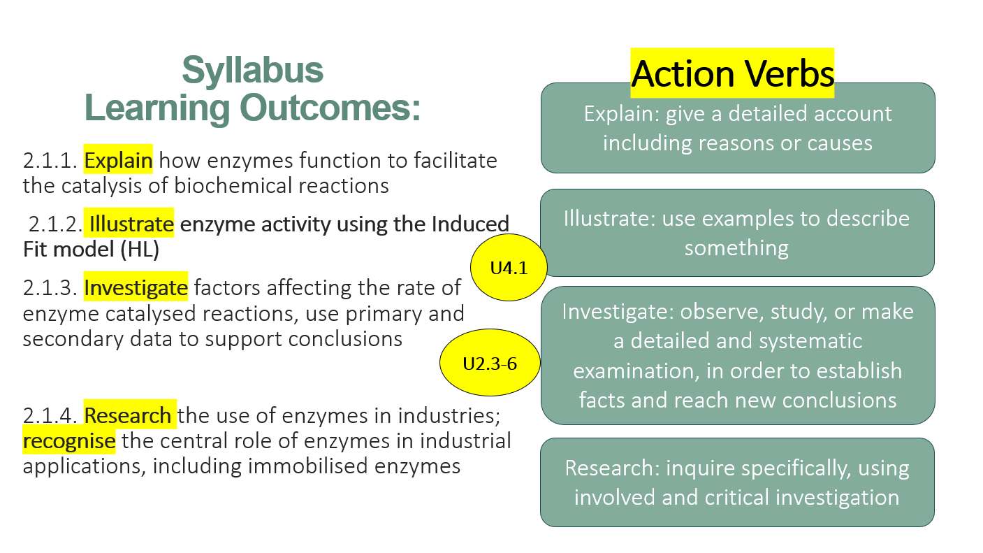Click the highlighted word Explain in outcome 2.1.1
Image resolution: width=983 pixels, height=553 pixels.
118,160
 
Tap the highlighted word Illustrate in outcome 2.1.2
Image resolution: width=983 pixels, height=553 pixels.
131,224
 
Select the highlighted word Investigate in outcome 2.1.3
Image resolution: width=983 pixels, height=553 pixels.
136,288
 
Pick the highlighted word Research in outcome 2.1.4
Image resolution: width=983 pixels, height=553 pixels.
128,415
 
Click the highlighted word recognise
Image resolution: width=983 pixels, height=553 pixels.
69,441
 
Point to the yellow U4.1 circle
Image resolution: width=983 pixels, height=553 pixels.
509,268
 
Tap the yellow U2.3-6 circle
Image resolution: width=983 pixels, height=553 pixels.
490,363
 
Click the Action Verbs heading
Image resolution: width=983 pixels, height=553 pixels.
732,73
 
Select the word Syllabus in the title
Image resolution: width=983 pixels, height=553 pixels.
253,71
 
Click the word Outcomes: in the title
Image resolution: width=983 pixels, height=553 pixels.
330,108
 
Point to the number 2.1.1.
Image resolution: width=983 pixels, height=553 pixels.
50,161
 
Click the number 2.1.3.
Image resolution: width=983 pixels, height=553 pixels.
50,288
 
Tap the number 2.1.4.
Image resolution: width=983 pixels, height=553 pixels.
50,415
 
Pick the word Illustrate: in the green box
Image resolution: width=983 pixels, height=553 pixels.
609,219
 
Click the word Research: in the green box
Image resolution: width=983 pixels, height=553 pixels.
612,468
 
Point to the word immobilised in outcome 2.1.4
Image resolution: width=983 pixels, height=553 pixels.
307,466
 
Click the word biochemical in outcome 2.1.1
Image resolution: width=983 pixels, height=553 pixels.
233,186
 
